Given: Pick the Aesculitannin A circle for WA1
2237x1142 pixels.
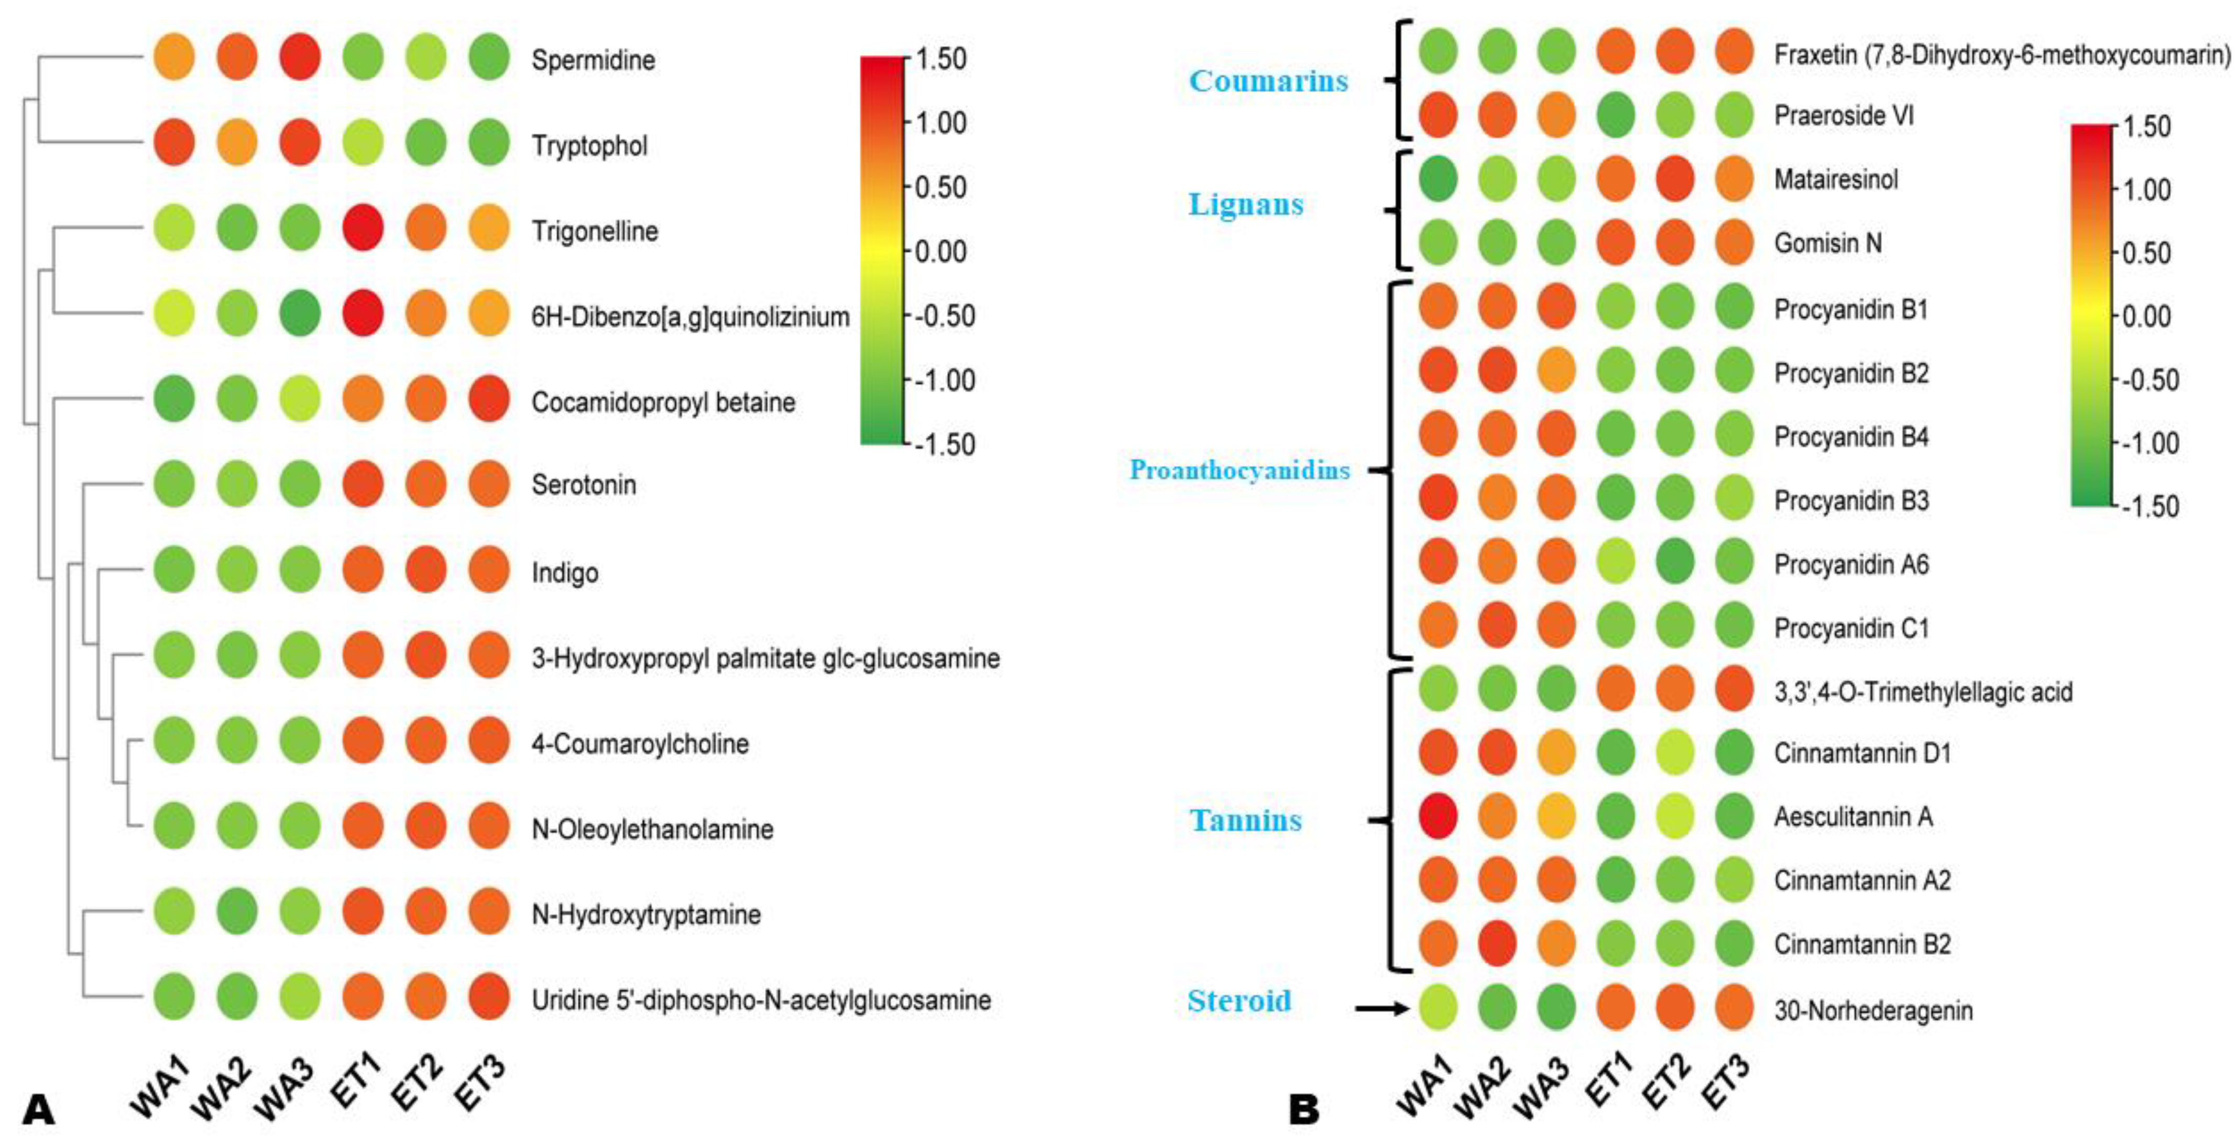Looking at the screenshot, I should pyautogui.click(x=1438, y=817).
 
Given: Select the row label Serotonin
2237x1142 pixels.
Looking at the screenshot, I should pyautogui.click(x=584, y=485).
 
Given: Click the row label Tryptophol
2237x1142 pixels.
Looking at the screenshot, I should pyautogui.click(x=590, y=145).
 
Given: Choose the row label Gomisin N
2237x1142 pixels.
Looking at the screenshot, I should pyautogui.click(x=1827, y=243).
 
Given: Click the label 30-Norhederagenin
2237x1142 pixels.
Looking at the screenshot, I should pyautogui.click(x=1872, y=1010).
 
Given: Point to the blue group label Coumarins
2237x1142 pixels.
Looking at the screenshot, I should pyautogui.click(x=1268, y=81).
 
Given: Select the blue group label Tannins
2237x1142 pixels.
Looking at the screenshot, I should pyautogui.click(x=1245, y=820).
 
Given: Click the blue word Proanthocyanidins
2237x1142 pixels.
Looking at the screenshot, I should pyautogui.click(x=1239, y=470).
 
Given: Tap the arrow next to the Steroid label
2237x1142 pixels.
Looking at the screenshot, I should pyautogui.click(x=1381, y=1008).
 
